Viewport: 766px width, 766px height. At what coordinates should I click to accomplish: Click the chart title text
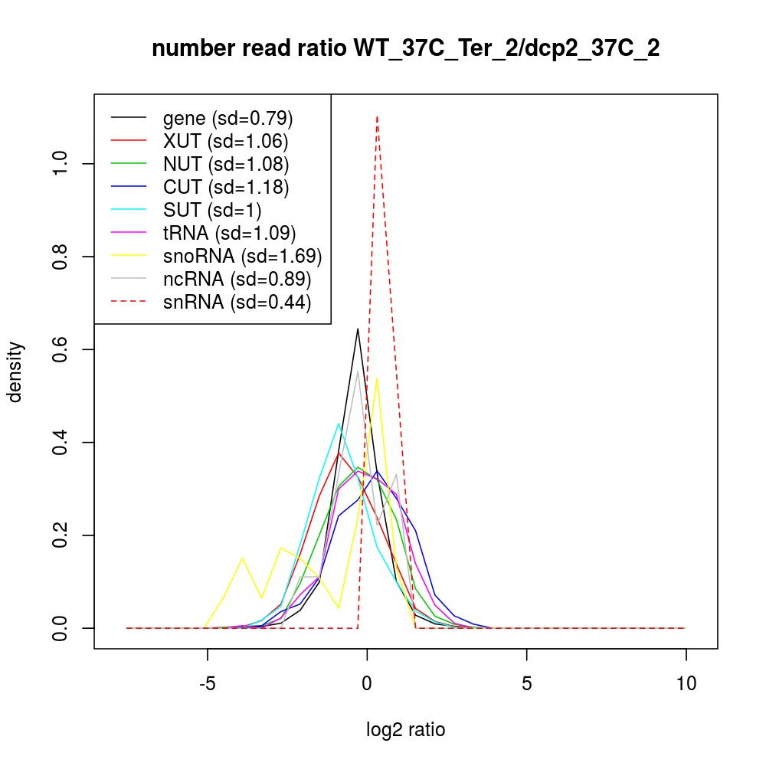pos(406,49)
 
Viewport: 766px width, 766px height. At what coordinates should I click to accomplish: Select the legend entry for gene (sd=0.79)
pos(228,118)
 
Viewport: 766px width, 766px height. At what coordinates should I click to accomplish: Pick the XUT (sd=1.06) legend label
pos(225,141)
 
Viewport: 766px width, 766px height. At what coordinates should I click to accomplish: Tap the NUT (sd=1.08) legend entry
pos(226,164)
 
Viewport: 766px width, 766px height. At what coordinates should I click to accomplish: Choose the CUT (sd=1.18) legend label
pos(226,187)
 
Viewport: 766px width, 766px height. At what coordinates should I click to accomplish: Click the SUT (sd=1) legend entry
pos(214,210)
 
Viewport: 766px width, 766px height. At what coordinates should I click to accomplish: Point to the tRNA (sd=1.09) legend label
pos(229,233)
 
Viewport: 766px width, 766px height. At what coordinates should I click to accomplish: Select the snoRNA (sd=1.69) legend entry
pos(242,256)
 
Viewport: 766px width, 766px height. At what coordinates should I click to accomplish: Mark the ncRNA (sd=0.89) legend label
pos(237,279)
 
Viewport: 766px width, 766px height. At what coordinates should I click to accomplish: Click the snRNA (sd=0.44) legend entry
pos(237,302)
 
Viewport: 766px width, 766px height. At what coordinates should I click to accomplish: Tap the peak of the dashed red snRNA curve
pos(377,116)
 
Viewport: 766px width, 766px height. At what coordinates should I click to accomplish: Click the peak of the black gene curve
pos(358,329)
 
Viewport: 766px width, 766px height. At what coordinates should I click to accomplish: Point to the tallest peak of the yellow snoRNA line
pos(377,378)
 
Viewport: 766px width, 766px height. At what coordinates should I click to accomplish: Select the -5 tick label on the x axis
pos(207,683)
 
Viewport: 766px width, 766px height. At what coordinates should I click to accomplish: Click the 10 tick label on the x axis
pos(686,683)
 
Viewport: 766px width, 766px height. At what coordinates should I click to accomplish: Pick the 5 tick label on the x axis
pos(527,683)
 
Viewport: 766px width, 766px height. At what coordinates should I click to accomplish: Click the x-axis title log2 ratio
pos(406,730)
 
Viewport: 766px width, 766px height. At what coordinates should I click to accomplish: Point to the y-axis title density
pos(17,372)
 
